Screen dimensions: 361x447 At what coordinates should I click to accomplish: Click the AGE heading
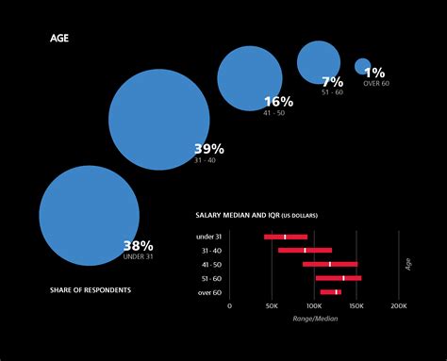coord(58,40)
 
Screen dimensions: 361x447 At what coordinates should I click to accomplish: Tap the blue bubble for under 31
coord(90,214)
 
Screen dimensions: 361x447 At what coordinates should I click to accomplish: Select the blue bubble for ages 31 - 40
coord(158,120)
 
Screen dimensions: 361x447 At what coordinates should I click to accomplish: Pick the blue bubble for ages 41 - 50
coord(250,77)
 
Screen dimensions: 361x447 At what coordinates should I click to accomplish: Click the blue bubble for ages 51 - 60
coord(319,62)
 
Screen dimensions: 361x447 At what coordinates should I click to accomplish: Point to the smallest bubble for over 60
coord(362,66)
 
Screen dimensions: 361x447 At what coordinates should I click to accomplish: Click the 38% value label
coord(138,247)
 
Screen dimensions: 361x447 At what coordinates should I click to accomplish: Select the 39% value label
coord(208,149)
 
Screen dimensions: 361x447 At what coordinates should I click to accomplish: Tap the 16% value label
coord(278,102)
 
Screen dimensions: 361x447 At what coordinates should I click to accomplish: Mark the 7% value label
coord(332,82)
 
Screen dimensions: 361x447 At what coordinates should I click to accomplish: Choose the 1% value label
coord(374,73)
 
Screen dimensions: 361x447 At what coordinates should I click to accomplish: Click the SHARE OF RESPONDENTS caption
coord(91,289)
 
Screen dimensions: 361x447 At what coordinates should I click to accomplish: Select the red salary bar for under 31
coord(286,237)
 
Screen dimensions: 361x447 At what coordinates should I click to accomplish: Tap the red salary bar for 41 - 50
coord(330,264)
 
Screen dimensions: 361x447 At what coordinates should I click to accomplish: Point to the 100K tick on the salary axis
coord(314,306)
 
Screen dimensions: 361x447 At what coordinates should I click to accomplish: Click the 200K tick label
coord(399,306)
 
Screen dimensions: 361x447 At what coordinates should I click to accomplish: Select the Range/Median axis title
coord(315,319)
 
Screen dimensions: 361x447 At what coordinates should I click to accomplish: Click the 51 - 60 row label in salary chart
coord(210,278)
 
